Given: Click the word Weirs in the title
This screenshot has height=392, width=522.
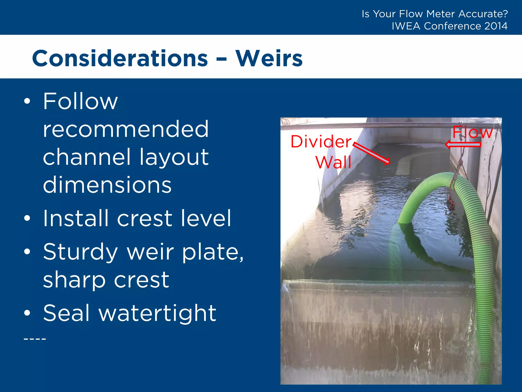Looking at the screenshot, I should (269, 59).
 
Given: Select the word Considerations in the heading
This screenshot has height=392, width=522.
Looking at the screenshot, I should (120, 59).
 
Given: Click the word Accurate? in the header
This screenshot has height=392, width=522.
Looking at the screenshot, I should (483, 14).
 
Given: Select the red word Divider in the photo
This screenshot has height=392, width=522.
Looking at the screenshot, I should (321, 142).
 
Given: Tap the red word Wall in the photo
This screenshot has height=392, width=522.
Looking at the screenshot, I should (333, 162).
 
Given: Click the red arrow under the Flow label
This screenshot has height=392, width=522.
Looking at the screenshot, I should (463, 145).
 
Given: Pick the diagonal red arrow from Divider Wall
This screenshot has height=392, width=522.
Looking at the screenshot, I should (372, 153).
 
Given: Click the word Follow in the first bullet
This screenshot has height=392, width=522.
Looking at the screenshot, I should (80, 101).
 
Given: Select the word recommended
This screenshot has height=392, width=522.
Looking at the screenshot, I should (126, 129).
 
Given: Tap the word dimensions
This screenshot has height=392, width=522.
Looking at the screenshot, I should (107, 185).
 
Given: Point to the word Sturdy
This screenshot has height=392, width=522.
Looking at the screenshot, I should (80, 252).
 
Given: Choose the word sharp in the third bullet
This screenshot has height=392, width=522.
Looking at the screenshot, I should (74, 280).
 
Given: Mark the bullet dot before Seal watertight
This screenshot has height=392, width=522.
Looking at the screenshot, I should (27, 313).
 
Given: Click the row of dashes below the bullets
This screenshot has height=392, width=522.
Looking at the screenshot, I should (35, 339).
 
